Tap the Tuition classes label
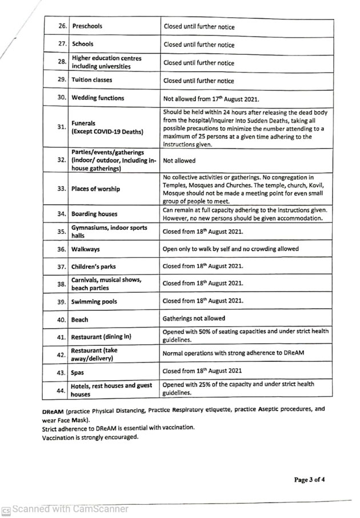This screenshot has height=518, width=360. (x=92, y=80)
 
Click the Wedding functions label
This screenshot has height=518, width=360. (x=98, y=98)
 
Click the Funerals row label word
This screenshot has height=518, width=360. (x=83, y=123)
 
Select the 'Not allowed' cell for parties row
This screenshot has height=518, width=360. (x=179, y=161)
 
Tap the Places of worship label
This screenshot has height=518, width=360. (x=96, y=189)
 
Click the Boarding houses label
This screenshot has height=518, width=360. (x=94, y=214)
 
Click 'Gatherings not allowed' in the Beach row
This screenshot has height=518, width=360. (x=194, y=318)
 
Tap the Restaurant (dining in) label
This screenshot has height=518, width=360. (x=101, y=337)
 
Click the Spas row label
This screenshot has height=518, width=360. (x=78, y=372)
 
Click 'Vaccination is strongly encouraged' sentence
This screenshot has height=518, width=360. (x=90, y=437)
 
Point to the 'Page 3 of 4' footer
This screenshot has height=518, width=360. (x=310, y=480)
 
